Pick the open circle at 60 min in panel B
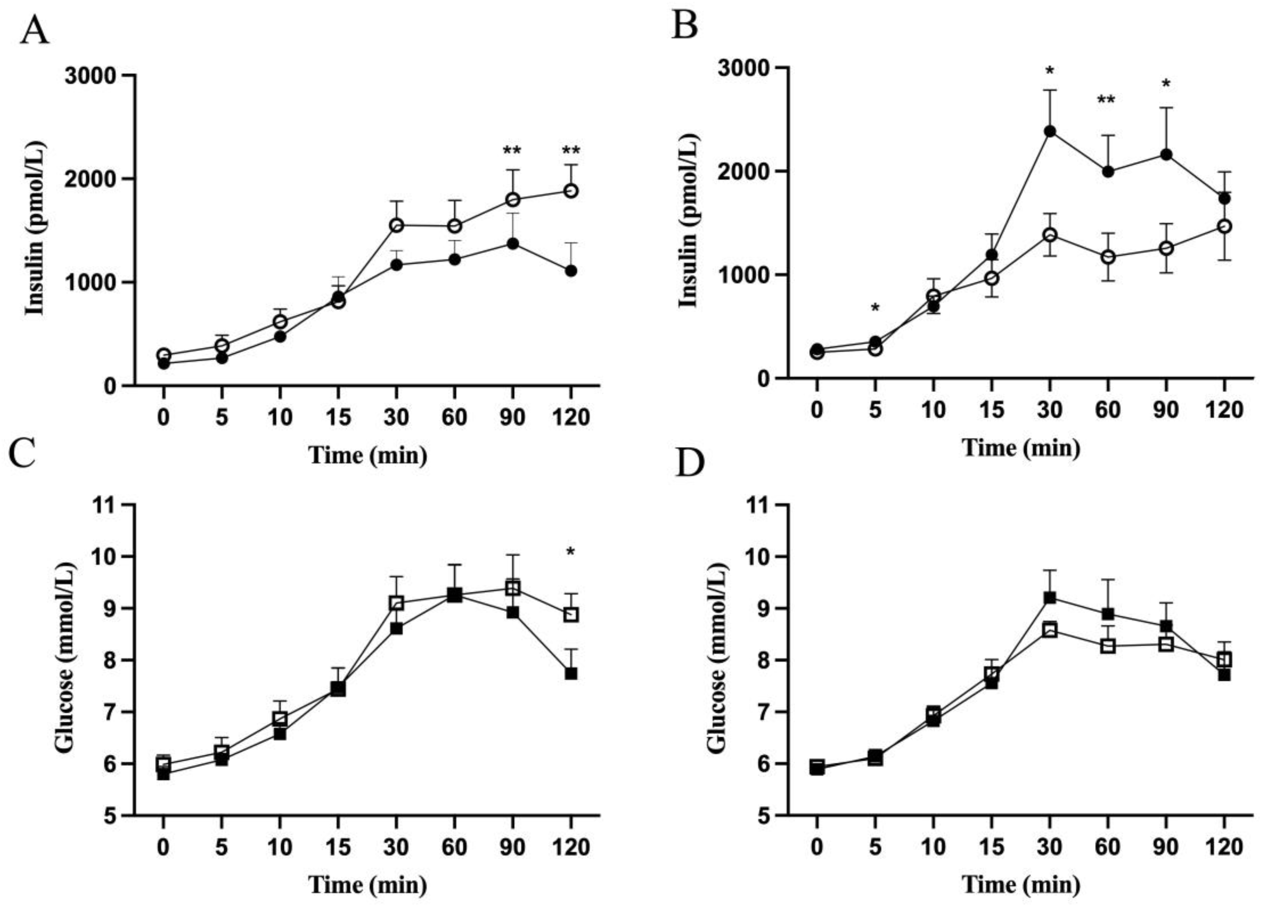[1108, 257]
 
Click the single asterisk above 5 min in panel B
[875, 308]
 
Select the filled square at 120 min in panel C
[570, 674]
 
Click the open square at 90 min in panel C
[512, 588]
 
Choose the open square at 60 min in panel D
[1108, 646]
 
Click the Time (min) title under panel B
[1021, 448]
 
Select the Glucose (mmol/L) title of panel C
[65, 660]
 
